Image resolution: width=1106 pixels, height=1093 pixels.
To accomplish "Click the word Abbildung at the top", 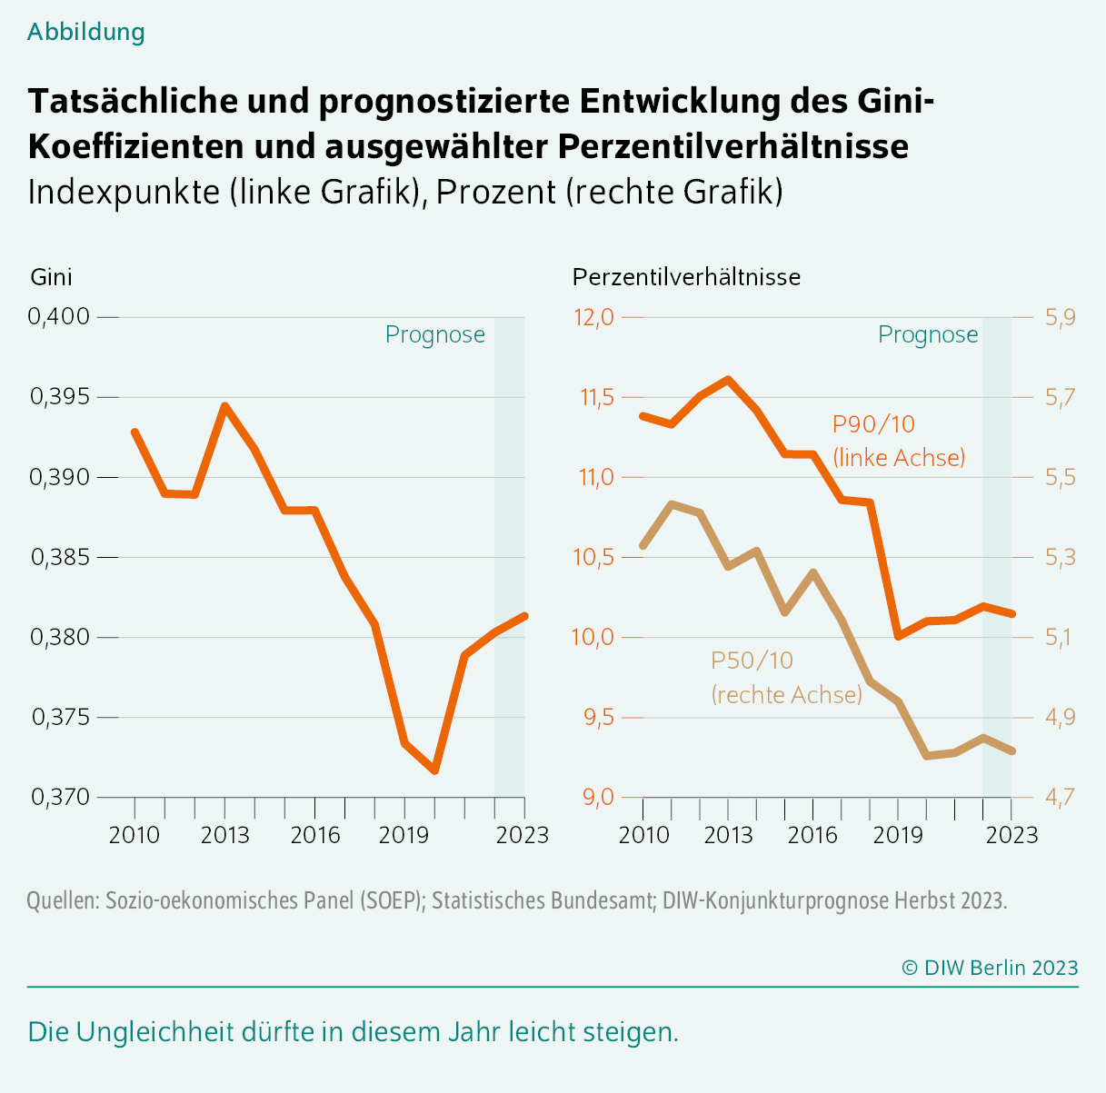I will pyautogui.click(x=86, y=32).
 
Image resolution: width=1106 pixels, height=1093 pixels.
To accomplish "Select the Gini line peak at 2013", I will pyautogui.click(x=224, y=406).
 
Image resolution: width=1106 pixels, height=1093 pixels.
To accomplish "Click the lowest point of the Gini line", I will pyautogui.click(x=434, y=770).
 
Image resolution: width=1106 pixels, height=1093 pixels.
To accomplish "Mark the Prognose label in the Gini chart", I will pyautogui.click(x=434, y=334).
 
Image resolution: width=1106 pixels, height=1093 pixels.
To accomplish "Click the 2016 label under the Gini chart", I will pyautogui.click(x=314, y=834).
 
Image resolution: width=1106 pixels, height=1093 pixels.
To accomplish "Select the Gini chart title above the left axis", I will pyautogui.click(x=51, y=276).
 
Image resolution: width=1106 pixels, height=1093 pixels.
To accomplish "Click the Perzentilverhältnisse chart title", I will pyautogui.click(x=686, y=276).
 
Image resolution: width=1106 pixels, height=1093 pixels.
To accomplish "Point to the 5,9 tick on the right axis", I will pyautogui.click(x=1060, y=317).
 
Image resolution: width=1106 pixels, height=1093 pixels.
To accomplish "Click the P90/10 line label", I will pyautogui.click(x=873, y=424).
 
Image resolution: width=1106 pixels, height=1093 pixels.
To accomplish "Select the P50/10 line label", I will pyautogui.click(x=752, y=661).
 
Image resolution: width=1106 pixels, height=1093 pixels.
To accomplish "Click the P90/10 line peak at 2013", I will pyautogui.click(x=728, y=379).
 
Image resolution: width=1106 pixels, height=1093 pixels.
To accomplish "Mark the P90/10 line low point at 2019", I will pyautogui.click(x=898, y=636).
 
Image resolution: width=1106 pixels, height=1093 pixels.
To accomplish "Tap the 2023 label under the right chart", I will pyautogui.click(x=1011, y=834).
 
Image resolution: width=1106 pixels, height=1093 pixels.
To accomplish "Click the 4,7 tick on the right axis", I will pyautogui.click(x=1060, y=797).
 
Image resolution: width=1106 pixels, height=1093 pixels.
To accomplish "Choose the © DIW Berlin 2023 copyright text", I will pyautogui.click(x=990, y=968).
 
